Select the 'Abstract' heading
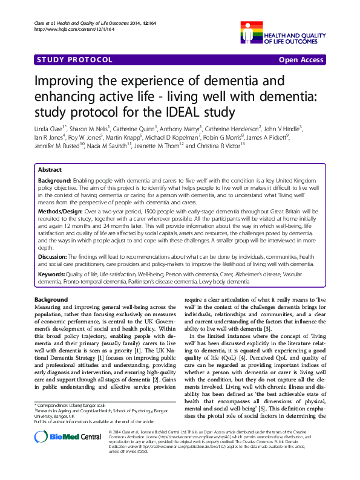[49, 170]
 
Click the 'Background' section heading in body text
[51, 300]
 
